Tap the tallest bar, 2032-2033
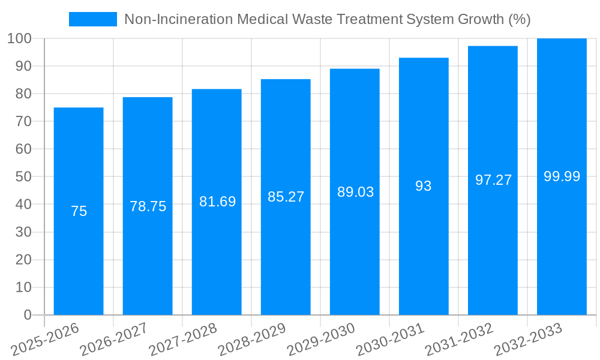click(x=562, y=240)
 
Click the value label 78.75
click(x=148, y=206)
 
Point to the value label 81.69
click(x=217, y=202)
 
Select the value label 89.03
click(x=355, y=192)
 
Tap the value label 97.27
click(x=493, y=180)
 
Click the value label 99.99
click(x=562, y=176)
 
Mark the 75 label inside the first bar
click(x=79, y=211)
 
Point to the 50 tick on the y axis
click(x=23, y=177)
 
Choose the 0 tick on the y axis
click(x=27, y=315)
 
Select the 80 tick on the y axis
click(x=23, y=94)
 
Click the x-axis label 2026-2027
click(x=114, y=339)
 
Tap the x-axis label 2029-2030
click(x=321, y=339)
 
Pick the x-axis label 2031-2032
click(x=459, y=339)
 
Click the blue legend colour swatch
click(x=93, y=19)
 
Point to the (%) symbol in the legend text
click(x=519, y=19)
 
